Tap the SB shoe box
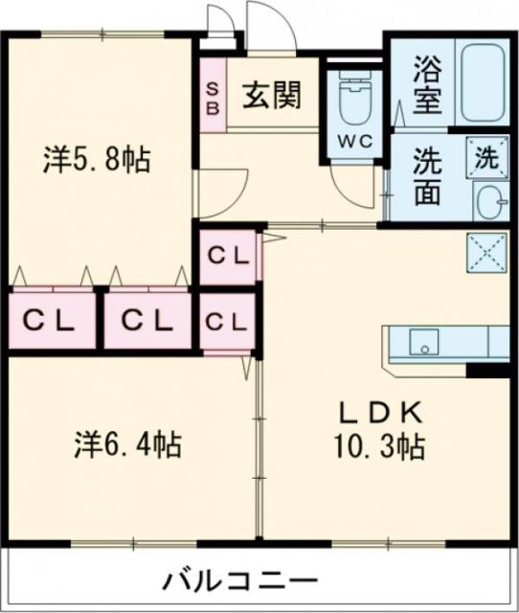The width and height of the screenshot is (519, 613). (213, 96)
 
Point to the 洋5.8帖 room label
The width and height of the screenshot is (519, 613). (96, 159)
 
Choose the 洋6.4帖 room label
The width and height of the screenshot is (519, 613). (127, 444)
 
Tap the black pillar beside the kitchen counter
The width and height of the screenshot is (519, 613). (486, 370)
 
